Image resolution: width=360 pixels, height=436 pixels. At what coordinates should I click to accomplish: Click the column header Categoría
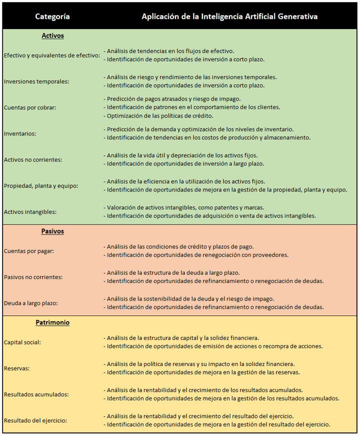pos(52,16)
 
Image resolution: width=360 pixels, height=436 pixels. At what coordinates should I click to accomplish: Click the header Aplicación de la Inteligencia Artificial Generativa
pos(229,16)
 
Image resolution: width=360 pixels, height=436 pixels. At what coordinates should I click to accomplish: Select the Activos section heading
pos(52,36)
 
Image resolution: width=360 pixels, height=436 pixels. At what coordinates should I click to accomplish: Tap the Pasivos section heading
pos(52,231)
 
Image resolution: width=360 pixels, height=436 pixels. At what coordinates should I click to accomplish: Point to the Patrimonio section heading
pos(52,322)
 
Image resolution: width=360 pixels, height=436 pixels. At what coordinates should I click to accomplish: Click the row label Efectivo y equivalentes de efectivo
pos(51,55)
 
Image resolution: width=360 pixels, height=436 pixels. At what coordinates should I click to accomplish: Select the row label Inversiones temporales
pos(36,81)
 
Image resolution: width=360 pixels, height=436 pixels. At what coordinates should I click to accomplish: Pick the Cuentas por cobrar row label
pos(30,107)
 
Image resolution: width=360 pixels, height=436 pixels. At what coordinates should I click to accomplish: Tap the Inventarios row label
pos(19,133)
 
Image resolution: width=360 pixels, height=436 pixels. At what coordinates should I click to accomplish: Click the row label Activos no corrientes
pos(33,159)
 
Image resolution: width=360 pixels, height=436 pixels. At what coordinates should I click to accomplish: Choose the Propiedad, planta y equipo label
pos(41,185)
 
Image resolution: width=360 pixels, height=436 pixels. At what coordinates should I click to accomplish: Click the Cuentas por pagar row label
pos(28,251)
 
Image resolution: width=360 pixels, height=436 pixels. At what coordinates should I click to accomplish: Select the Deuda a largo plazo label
pos(31,303)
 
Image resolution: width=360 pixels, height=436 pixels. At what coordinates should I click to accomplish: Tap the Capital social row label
pos(22,342)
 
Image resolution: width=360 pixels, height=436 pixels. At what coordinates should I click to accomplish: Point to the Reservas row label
pos(16,368)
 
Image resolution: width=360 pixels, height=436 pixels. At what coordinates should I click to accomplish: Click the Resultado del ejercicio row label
pos(35,420)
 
